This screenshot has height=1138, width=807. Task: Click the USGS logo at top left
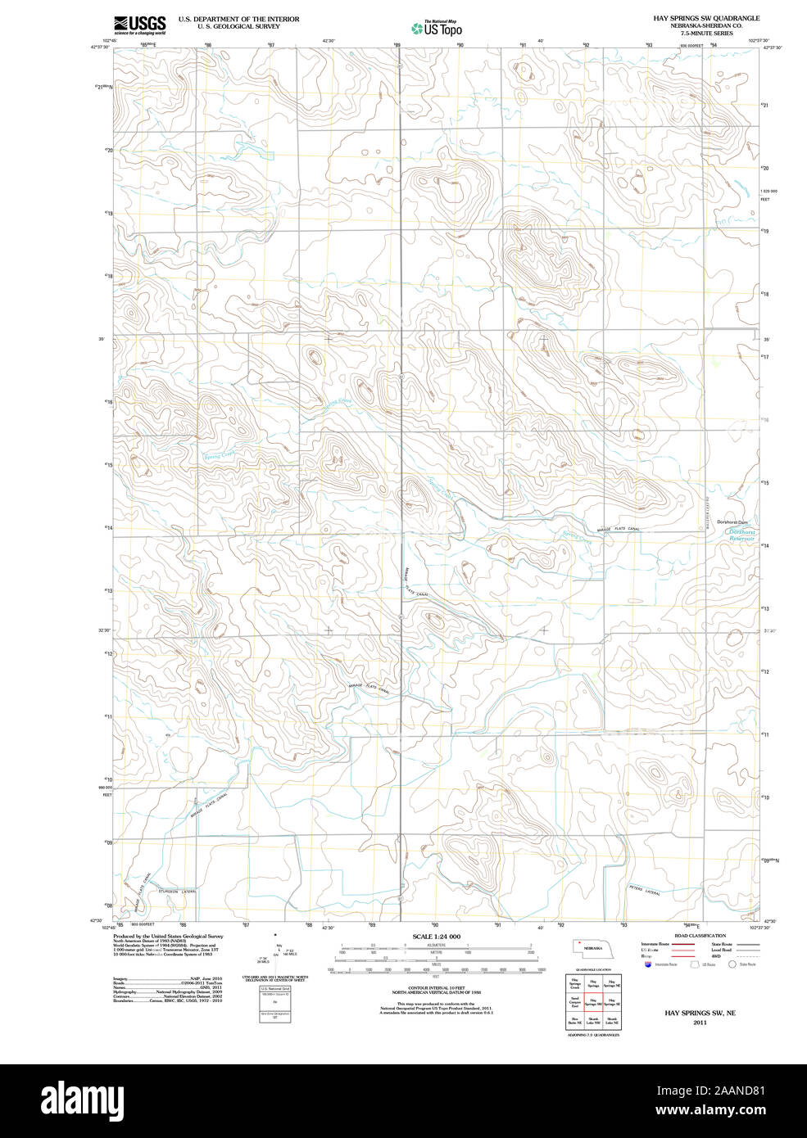140,24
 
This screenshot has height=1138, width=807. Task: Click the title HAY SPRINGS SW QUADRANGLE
706,18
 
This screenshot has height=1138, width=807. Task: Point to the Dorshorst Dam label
732,522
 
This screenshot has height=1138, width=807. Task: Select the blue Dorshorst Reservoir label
741,535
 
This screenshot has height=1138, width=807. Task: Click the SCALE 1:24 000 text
436,937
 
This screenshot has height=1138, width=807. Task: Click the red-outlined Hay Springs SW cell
593,1004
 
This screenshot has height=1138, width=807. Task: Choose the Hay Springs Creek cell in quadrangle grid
574,985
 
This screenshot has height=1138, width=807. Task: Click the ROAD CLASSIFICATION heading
699,936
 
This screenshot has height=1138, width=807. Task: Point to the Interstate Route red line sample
684,944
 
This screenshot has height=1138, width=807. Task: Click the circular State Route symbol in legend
732,964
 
